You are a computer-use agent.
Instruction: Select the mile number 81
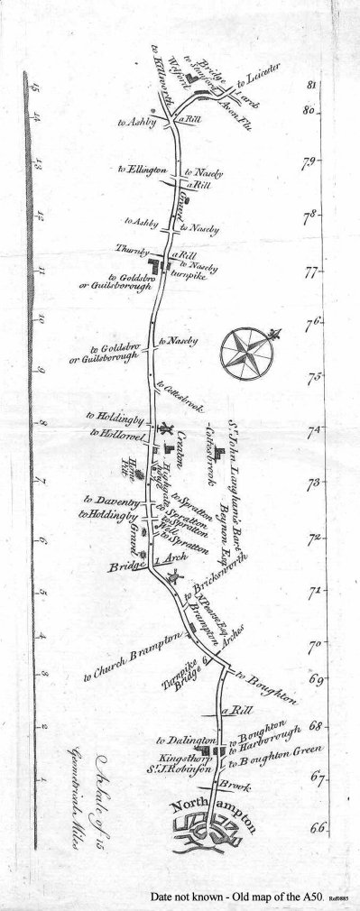tap(312, 86)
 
